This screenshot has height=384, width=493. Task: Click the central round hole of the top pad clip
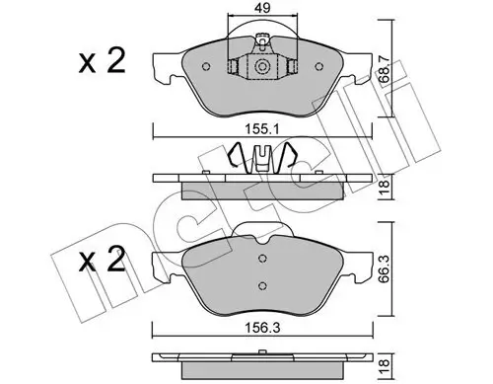(x=262, y=67)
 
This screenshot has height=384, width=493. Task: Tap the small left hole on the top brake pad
(x=205, y=67)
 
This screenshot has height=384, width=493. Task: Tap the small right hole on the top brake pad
(x=319, y=67)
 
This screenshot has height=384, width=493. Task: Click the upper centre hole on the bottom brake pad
(x=262, y=260)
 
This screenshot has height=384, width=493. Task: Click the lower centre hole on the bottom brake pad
(x=262, y=287)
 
